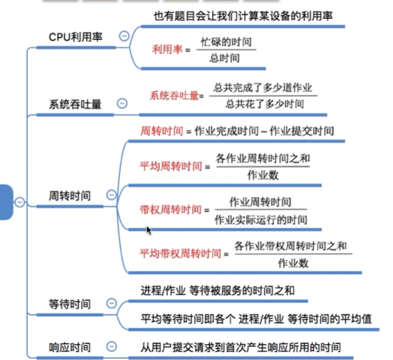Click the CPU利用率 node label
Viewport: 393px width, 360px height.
coord(75,37)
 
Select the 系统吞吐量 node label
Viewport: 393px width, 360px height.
coord(75,104)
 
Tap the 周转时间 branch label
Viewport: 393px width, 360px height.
coord(69,196)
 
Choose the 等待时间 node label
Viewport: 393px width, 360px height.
coord(70,304)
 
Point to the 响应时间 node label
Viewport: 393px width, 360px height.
coord(70,347)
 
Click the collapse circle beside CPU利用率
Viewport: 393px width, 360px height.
coord(124,36)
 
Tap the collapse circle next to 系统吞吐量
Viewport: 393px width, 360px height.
coord(122,103)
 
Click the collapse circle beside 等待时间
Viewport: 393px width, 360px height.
coord(111,303)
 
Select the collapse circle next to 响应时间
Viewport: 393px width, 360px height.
coord(111,346)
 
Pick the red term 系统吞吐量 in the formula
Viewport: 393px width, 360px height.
coord(174,95)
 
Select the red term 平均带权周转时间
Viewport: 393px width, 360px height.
coord(180,254)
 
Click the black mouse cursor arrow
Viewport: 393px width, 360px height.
coord(148,230)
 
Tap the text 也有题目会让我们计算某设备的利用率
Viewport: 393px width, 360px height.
coord(242,16)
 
